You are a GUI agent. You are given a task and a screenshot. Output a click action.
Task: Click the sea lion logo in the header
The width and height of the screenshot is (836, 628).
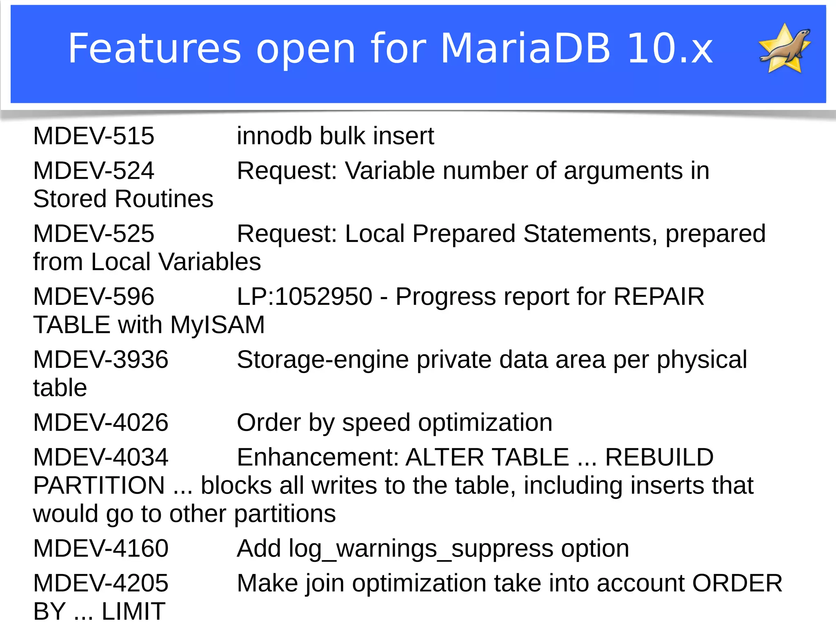pos(785,49)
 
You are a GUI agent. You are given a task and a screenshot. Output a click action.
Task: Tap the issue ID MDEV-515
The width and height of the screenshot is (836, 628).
pos(94,136)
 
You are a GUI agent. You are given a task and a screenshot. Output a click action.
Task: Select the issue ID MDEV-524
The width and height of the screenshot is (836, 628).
pos(94,171)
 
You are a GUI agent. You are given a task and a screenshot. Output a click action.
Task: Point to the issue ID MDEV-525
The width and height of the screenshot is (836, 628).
pos(94,234)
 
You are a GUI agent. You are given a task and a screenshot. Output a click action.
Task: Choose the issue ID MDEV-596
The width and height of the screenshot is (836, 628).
pos(94,297)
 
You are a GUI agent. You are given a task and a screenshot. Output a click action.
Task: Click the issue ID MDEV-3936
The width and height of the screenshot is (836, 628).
pos(101,360)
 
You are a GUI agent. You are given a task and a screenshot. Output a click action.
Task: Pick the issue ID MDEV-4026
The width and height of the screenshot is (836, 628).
pos(101,422)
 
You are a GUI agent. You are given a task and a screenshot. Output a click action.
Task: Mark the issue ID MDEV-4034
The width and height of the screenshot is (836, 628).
pos(101,457)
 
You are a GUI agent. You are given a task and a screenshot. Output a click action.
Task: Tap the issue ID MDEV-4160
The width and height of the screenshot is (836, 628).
pos(101,548)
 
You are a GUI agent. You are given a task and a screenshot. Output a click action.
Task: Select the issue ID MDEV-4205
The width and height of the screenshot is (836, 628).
pos(101,583)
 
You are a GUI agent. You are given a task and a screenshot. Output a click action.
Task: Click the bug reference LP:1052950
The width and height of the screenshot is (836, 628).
pos(305,297)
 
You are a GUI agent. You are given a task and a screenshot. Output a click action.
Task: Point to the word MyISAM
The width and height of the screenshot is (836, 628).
pos(218,325)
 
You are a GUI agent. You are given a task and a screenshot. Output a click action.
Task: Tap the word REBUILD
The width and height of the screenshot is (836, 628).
pos(659,457)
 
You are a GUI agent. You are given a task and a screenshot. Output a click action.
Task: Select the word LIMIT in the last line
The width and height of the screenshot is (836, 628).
pos(133,612)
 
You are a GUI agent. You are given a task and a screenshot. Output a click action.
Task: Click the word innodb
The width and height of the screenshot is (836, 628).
pos(274,136)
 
